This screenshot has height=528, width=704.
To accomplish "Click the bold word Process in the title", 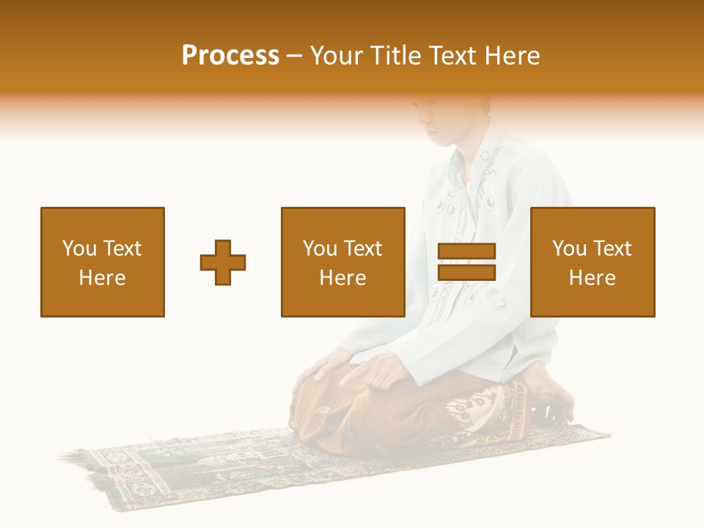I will [x=230, y=56].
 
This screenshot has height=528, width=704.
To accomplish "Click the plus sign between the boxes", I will [x=223, y=262].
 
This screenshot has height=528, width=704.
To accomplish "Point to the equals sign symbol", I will [x=466, y=262].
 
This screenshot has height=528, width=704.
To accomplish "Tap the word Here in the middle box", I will [x=343, y=278].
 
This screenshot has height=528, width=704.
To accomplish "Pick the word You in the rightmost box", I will [x=569, y=249].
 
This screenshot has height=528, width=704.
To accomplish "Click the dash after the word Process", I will [x=295, y=56].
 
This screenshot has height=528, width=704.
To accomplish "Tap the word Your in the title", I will [x=337, y=56].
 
